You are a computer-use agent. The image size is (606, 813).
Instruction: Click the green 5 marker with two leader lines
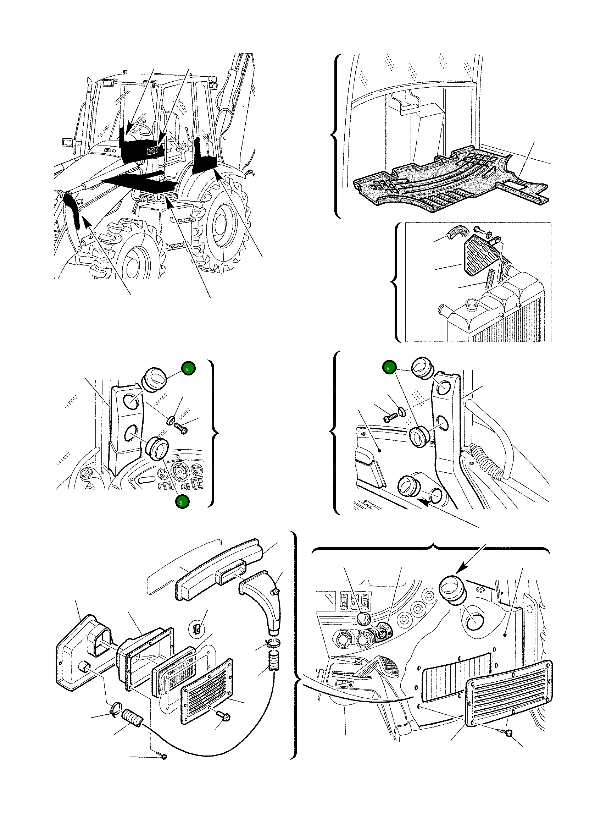click(x=389, y=368)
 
